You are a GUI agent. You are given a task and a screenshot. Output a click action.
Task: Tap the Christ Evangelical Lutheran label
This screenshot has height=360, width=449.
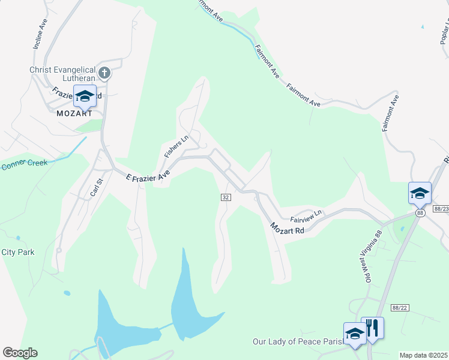62,74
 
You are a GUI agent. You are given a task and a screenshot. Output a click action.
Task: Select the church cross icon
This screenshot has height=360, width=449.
104,74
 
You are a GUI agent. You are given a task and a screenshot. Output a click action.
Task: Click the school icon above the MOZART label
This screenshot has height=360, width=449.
85,96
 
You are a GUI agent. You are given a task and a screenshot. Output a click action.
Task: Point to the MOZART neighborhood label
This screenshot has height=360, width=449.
74,113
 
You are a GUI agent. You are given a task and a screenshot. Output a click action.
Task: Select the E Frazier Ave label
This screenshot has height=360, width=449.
148,177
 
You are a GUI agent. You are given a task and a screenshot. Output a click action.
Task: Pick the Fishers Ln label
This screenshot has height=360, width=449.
172,146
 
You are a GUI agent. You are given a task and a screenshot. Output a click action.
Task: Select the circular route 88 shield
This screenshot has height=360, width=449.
419,213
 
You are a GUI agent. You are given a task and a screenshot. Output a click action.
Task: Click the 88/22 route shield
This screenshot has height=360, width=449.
399,308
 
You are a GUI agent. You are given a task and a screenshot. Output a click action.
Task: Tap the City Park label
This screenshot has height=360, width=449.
18,252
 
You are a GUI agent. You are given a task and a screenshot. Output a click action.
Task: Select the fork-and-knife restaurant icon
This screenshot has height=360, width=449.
372,328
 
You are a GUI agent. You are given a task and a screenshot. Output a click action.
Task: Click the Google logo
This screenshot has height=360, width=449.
20,353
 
